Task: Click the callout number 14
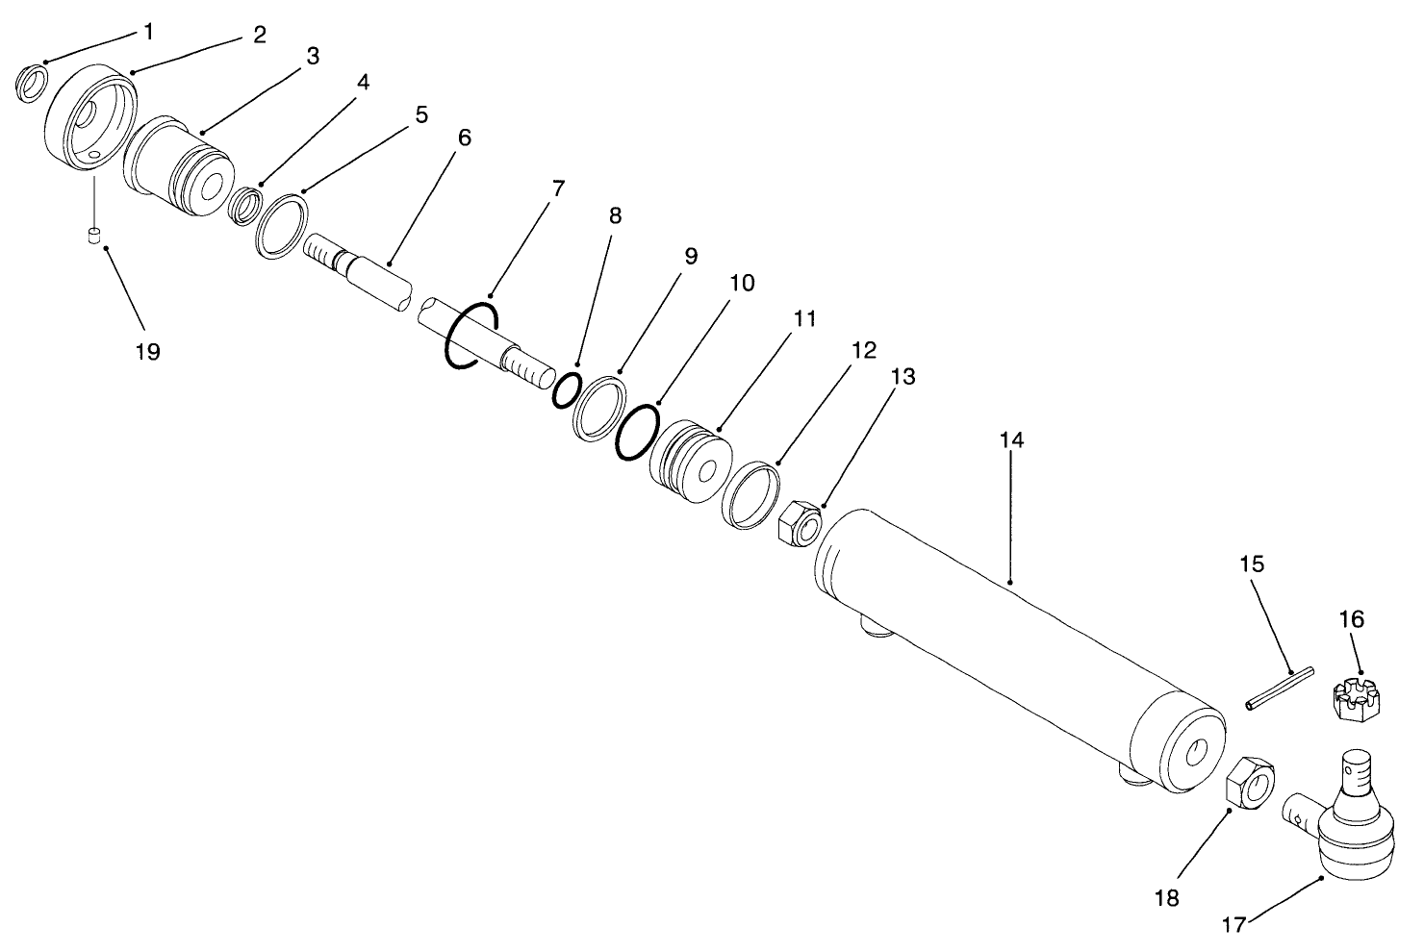point(1011,440)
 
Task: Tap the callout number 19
point(147,351)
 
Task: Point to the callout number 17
point(1234,924)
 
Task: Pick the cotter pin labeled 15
point(1275,692)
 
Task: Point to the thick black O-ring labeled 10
point(639,433)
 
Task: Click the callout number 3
point(313,57)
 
